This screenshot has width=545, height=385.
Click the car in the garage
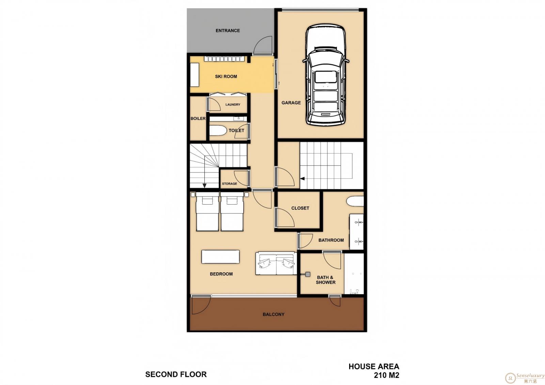click(x=326, y=75)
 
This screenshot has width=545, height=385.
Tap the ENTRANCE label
click(x=228, y=31)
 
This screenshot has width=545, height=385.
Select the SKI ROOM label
click(x=226, y=77)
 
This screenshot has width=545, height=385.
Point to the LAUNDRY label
click(x=233, y=105)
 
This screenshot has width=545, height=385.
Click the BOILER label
click(x=198, y=118)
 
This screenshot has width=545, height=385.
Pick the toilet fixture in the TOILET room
click(x=218, y=130)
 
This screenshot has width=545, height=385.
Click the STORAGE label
click(x=229, y=183)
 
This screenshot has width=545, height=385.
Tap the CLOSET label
click(x=300, y=208)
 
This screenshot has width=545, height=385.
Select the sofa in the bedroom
click(x=276, y=263)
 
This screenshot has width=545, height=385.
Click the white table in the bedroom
click(x=220, y=257)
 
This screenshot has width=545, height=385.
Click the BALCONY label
click(x=274, y=315)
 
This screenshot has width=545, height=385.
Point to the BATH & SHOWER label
click(x=326, y=280)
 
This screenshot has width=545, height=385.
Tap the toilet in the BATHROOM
click(x=355, y=202)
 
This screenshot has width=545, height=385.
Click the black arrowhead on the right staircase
click(x=302, y=179)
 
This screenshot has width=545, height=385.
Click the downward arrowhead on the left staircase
click(x=205, y=186)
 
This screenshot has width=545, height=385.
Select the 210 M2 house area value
click(x=386, y=375)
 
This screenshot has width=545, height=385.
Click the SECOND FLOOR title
click(x=176, y=374)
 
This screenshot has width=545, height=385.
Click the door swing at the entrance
click(x=263, y=45)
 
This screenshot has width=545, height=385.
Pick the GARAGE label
click(x=291, y=103)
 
